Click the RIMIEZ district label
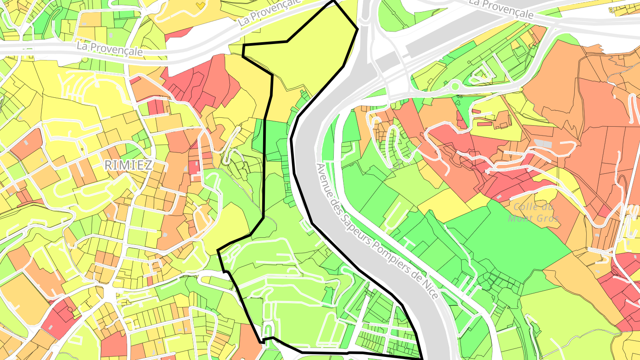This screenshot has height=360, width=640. (128, 166)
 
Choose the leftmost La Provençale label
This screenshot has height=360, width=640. (110, 48)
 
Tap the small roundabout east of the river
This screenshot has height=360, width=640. (455, 86)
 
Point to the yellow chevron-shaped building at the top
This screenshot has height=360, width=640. (200, 5)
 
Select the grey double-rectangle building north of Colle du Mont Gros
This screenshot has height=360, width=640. (542, 143)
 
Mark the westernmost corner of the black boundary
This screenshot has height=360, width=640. (218, 251)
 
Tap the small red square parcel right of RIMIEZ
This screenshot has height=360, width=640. (194, 167)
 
